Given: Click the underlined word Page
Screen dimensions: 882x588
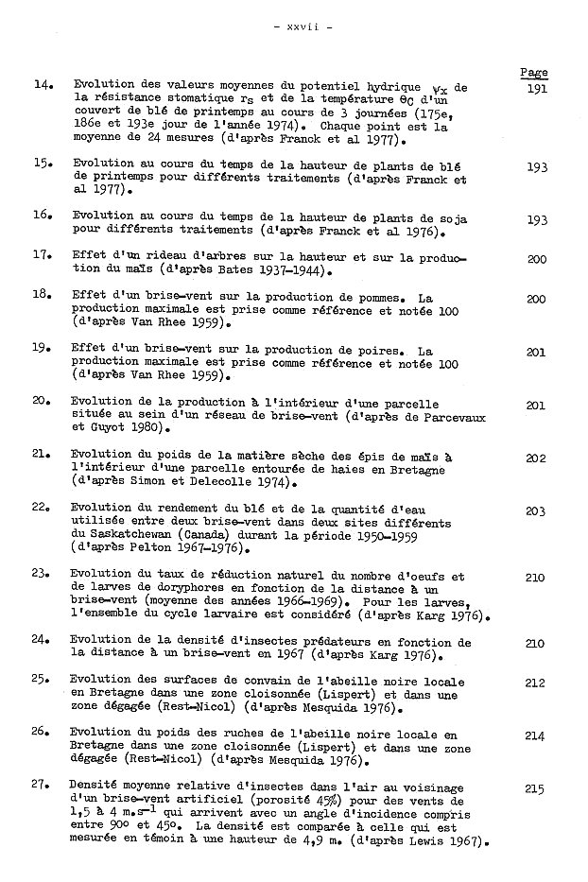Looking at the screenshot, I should point(534,73).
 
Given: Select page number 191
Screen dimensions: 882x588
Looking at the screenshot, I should point(535,86).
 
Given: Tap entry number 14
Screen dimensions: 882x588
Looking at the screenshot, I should point(43,85).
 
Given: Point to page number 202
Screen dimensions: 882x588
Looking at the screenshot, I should point(536,458).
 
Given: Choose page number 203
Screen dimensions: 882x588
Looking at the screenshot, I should point(536,511).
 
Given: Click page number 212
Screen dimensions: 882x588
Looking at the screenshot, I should point(536,683).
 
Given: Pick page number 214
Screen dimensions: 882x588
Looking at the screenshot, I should point(536,735).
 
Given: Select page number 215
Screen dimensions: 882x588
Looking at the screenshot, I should point(536,787).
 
